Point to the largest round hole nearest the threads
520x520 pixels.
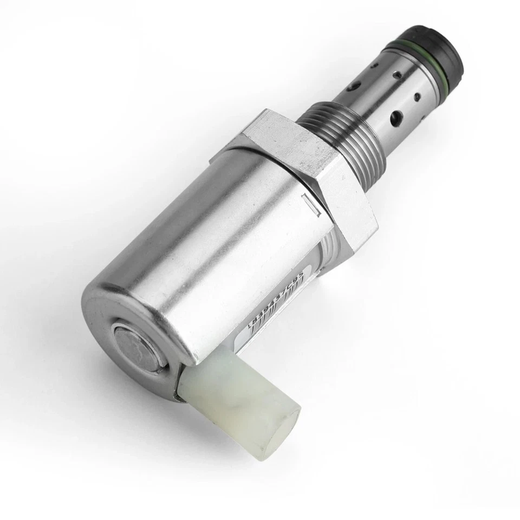[x=396, y=116]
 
